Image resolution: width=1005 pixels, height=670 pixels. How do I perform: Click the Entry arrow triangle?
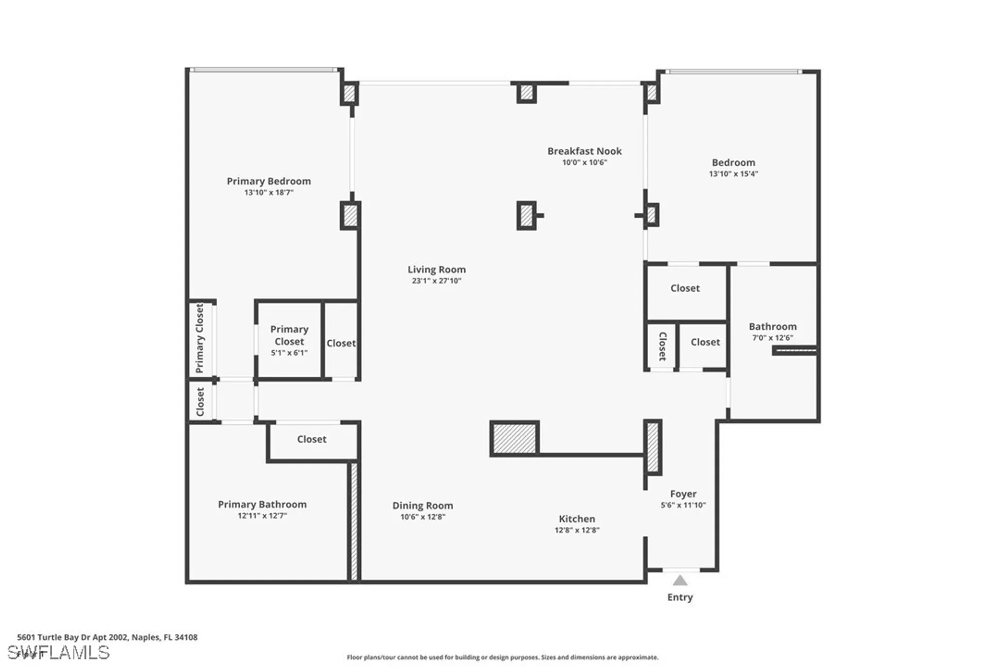[x=679, y=581]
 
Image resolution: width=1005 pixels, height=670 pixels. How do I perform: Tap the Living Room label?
[x=436, y=269]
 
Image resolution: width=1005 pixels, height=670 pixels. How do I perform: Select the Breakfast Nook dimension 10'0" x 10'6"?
[x=584, y=162]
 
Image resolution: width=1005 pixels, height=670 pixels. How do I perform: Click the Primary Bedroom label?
[x=268, y=181]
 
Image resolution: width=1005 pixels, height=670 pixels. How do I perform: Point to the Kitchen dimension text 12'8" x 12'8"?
[x=577, y=530]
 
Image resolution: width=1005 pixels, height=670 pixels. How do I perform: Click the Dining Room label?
[x=422, y=505]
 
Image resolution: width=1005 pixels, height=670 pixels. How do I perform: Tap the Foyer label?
[x=683, y=494]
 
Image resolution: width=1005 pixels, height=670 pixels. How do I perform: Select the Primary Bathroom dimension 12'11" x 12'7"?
[x=262, y=516]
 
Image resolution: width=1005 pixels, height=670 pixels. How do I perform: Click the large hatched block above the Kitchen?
[x=514, y=438]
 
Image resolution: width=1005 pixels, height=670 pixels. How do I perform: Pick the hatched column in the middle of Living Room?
[x=526, y=216]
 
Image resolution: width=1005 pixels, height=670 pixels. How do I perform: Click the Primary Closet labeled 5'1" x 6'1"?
[x=289, y=340]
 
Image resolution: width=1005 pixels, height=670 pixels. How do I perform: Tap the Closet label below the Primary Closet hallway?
[x=200, y=401]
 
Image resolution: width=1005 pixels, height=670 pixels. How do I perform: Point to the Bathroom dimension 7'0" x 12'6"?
[x=772, y=338]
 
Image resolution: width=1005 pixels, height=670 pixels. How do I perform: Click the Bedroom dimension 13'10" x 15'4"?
[x=733, y=174]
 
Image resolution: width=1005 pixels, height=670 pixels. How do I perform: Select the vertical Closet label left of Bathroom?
[x=662, y=346]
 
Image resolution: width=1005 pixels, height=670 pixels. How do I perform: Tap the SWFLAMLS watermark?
[x=59, y=652]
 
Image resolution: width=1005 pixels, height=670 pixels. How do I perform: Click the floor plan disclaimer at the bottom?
[x=502, y=657]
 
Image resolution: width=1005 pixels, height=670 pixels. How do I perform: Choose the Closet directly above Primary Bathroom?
[x=312, y=439]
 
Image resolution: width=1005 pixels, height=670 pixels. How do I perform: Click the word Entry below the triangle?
[x=679, y=597]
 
